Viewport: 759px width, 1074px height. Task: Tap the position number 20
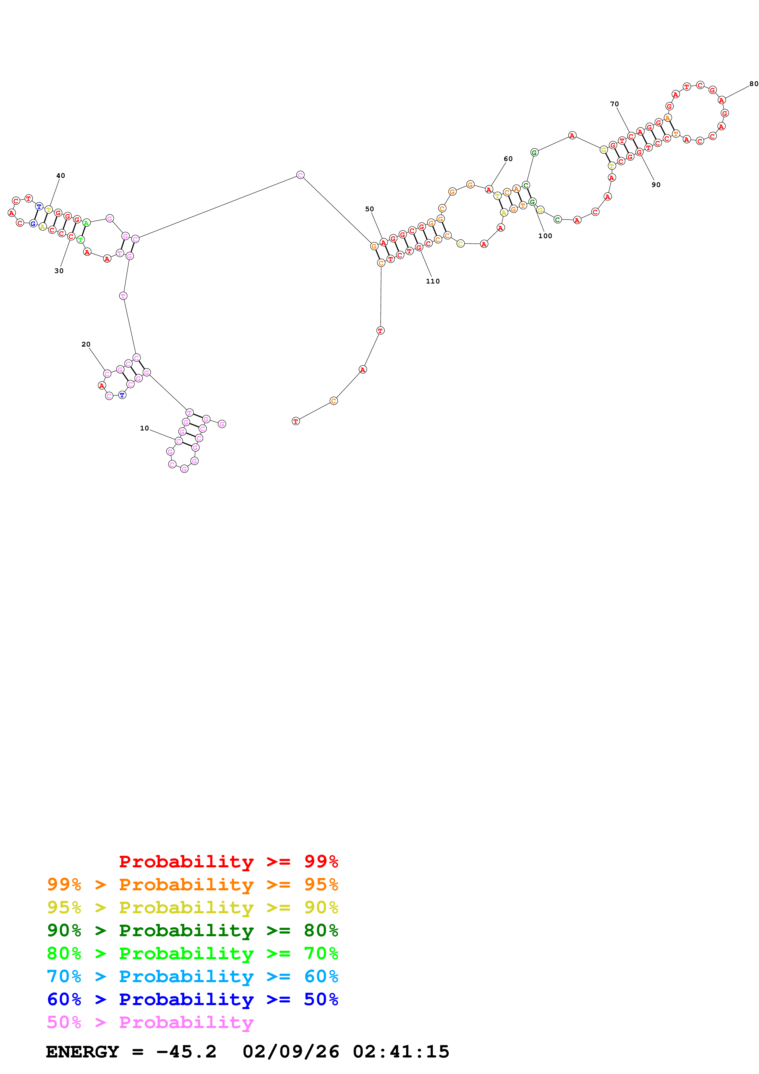point(86,344)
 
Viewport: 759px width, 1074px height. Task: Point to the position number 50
point(370,209)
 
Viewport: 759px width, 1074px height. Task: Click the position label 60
point(508,159)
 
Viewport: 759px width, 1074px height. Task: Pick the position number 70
point(614,104)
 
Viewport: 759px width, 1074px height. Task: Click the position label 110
point(433,281)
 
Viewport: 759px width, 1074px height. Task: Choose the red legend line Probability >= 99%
point(228,861)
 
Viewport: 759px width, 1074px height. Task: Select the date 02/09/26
point(291,1052)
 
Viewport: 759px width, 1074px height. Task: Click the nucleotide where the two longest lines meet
point(300,175)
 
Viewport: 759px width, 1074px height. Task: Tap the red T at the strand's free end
point(295,421)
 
